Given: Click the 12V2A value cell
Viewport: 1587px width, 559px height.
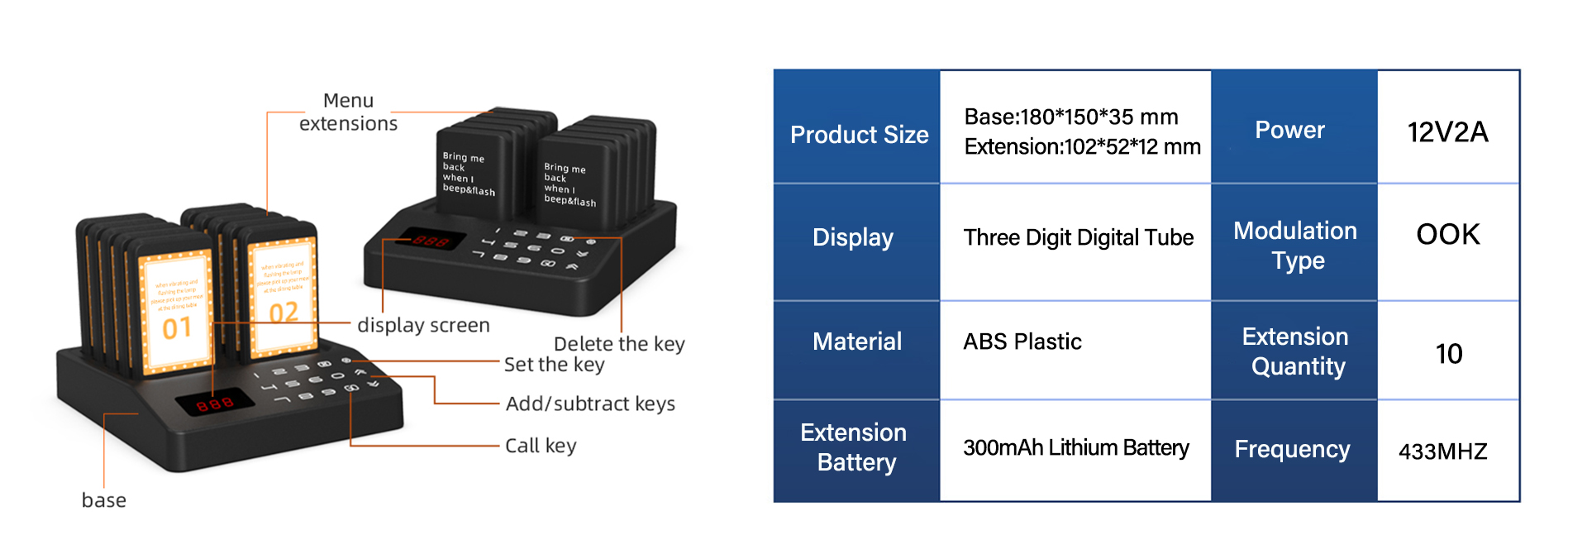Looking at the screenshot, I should coord(1447,131).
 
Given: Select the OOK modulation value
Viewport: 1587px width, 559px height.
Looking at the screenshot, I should coord(1447,235).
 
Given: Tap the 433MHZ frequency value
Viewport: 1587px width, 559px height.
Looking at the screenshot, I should coord(1442,451).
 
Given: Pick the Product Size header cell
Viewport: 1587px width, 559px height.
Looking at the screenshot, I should coord(859,134).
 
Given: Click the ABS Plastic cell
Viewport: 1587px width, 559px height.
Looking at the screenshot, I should coord(1022,342).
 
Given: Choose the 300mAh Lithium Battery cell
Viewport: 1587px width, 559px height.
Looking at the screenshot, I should coord(1075,447).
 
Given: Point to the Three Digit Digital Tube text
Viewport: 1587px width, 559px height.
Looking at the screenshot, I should coord(1078,237).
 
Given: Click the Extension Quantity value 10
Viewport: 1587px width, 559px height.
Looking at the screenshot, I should coord(1448,354).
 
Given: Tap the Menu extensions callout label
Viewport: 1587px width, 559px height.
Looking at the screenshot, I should coord(348,112).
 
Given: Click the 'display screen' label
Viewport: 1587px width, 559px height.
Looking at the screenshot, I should coord(423,325).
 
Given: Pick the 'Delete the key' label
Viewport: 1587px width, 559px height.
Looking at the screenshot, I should coord(619,343).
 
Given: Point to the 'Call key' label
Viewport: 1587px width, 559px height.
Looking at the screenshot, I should coord(541,446).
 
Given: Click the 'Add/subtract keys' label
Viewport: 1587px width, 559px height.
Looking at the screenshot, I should coord(590,404).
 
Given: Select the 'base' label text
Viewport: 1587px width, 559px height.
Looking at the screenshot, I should coord(104,500).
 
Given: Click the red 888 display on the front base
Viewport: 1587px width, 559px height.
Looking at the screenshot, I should coord(214,404).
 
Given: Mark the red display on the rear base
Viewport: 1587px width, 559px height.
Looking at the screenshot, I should coord(431,241).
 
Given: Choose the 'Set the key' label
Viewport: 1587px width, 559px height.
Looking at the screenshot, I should coord(554,365).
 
